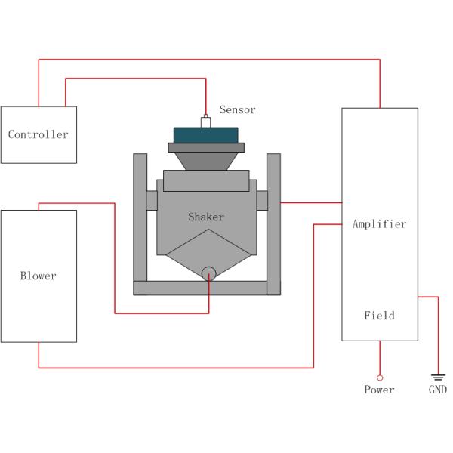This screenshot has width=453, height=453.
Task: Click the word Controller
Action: pos(38,135)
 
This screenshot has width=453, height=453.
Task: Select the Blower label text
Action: pos(38,276)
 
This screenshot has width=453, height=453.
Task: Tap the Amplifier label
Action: pos(379,224)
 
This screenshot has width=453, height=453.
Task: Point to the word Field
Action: pos(379,316)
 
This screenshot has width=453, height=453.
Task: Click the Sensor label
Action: pos(237,110)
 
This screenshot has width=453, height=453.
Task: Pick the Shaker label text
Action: pos(206,217)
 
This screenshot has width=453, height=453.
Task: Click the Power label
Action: pos(379,390)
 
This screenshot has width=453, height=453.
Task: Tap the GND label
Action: pos(437,390)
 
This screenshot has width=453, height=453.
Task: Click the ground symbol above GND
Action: pos(437,376)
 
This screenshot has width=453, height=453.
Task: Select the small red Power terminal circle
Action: pos(379,377)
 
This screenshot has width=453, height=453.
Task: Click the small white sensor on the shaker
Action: pos(205,121)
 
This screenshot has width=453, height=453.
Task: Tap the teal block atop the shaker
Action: pos(206,134)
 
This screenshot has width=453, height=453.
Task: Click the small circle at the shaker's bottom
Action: pos(208,273)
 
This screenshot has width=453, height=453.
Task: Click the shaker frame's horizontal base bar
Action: pos(206,288)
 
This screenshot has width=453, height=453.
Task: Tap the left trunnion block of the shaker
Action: pos(151,201)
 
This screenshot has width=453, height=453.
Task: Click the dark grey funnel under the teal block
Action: pos(206,159)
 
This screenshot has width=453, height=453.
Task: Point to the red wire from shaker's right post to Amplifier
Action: pos(311,202)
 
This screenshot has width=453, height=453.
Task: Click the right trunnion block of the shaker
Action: pos(262,201)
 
